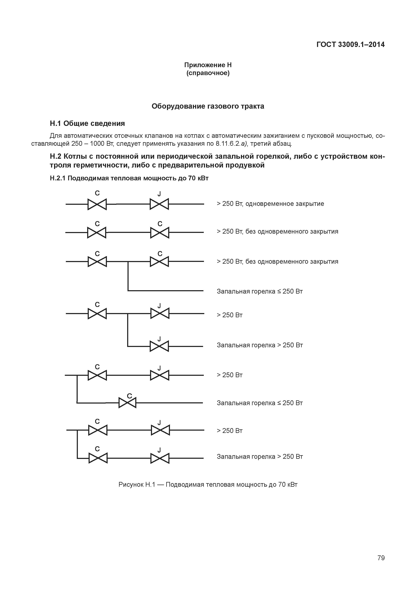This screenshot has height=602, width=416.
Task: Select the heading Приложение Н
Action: (x=208, y=65)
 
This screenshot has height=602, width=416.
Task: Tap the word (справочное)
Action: (x=208, y=73)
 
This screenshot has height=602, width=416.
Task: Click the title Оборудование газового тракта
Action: (x=208, y=106)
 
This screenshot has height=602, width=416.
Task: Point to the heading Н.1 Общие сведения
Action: (x=87, y=123)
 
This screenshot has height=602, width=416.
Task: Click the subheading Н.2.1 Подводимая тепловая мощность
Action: (x=129, y=178)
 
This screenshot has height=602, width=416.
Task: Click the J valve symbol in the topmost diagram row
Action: (x=159, y=204)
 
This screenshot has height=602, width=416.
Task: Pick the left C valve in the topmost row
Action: (x=97, y=204)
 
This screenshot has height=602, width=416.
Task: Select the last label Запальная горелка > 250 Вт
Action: (x=260, y=457)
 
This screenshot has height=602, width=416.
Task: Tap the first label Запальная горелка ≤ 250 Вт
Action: (x=260, y=291)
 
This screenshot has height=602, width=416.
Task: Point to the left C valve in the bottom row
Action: (x=98, y=458)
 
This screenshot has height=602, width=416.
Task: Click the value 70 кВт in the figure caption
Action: (x=288, y=484)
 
